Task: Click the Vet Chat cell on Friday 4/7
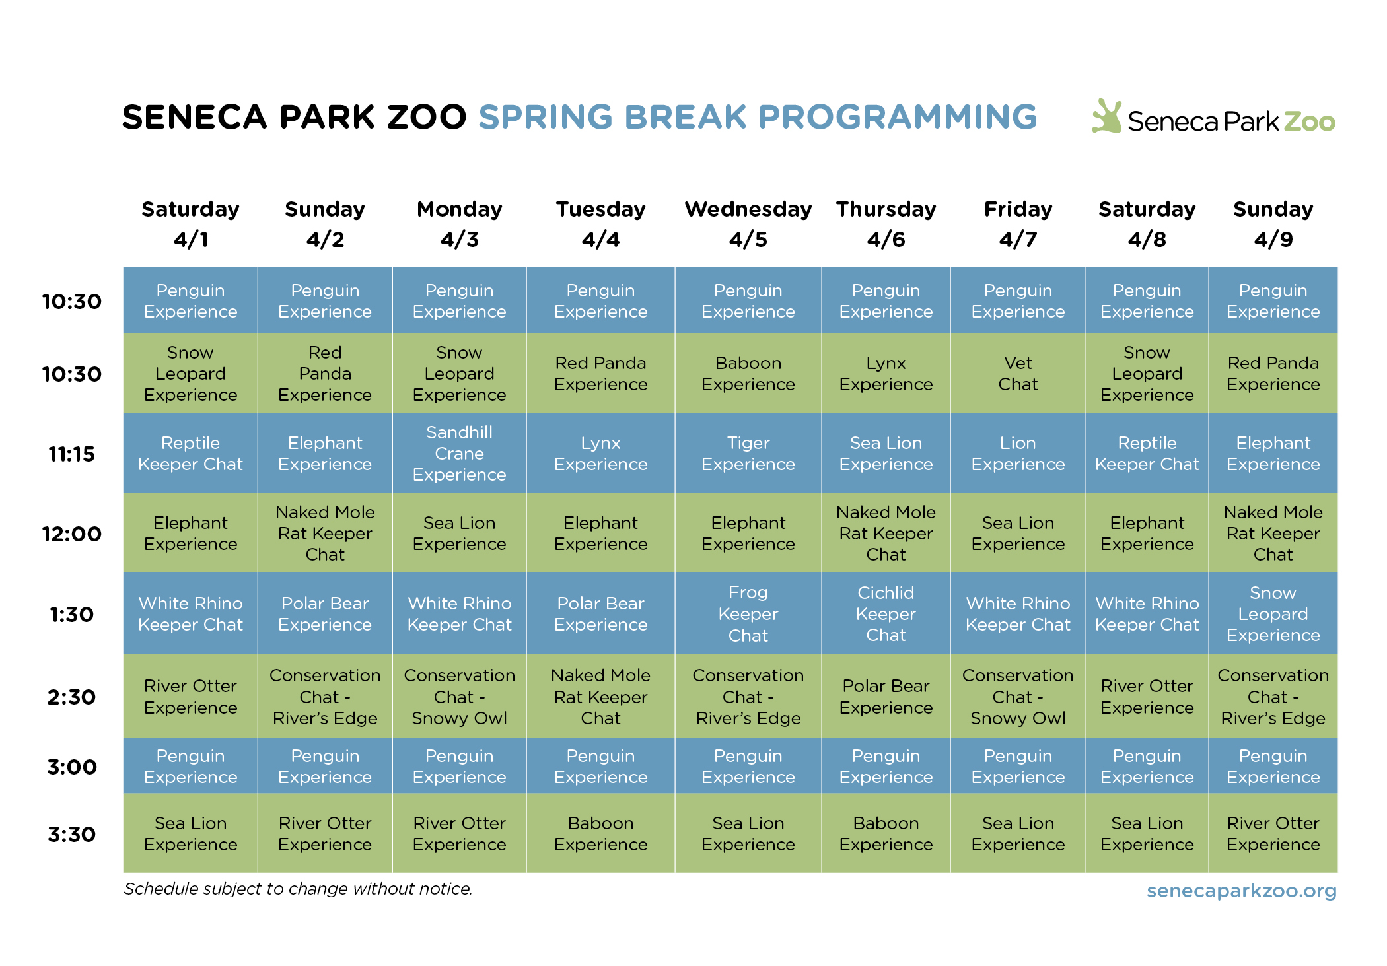click(1017, 374)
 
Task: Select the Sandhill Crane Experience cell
click(459, 454)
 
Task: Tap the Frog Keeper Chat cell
click(748, 614)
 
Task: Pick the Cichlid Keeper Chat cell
click(886, 614)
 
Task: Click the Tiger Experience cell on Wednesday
click(748, 454)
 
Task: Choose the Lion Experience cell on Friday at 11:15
click(1017, 454)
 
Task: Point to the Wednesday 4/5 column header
click(748, 224)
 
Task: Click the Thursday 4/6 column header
click(886, 224)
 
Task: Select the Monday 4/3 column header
click(459, 224)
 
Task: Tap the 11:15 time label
click(71, 454)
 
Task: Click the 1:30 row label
click(71, 615)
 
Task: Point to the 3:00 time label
click(71, 767)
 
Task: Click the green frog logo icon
click(1107, 117)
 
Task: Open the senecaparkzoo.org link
click(1241, 891)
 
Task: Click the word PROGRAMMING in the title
click(898, 118)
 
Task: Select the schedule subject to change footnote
click(298, 889)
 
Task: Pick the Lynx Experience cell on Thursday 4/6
click(886, 374)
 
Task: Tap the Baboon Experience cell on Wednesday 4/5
click(748, 374)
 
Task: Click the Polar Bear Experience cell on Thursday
click(886, 697)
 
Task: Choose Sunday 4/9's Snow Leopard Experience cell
click(1273, 614)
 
